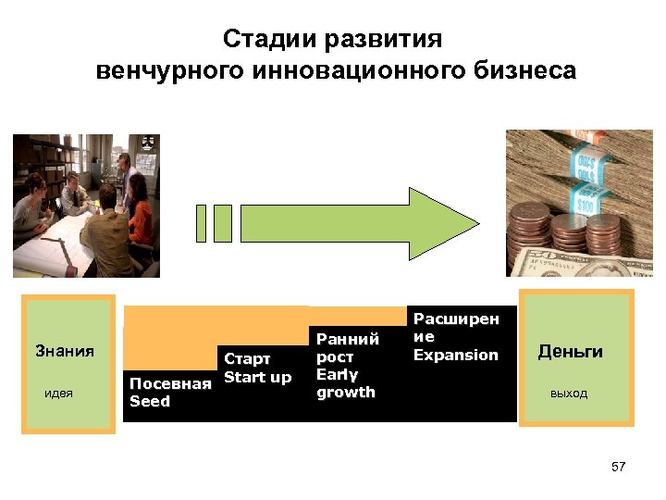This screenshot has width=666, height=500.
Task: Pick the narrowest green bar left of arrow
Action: coord(202,223)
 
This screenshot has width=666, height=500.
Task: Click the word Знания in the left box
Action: coord(65,351)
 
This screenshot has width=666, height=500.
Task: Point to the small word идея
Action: coord(59,394)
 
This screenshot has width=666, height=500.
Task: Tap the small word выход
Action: coord(568,394)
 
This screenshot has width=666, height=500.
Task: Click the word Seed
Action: coord(150,402)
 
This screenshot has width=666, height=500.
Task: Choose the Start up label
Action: coord(257,377)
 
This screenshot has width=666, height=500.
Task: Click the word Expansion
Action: coord(455,355)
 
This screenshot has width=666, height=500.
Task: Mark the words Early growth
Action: coord(345,383)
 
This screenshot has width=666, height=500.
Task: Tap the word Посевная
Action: coord(170,384)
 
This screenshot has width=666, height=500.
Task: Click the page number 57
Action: coord(619,467)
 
